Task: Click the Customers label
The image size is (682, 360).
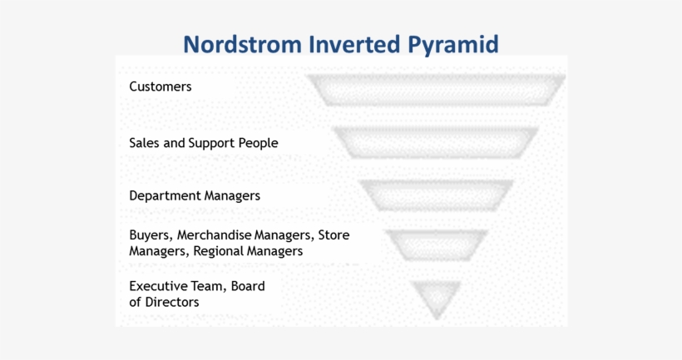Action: tap(161, 86)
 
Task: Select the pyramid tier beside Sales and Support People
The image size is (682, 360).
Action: tap(436, 142)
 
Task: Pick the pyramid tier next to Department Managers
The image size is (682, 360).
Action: tap(436, 195)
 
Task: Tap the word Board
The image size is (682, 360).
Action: tap(248, 286)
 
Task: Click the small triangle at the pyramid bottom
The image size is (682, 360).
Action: tap(436, 296)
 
